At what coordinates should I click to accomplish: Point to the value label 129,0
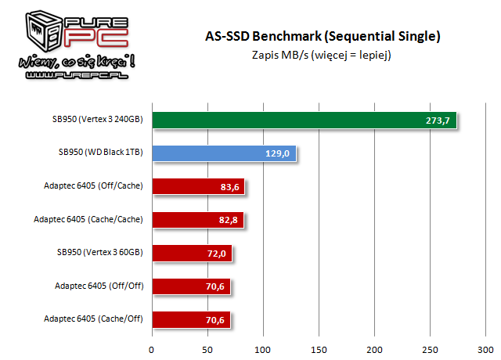278,153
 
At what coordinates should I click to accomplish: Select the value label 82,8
227,220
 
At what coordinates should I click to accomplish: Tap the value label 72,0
215,254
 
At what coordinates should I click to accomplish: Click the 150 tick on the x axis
319,349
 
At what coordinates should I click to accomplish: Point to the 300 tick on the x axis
487,349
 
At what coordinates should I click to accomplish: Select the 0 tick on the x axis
152,349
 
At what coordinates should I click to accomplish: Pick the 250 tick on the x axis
431,349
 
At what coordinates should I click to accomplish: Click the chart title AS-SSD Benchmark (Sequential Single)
322,36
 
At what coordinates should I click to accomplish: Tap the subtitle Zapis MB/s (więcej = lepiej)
322,55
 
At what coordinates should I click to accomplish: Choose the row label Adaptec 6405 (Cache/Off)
95,319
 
